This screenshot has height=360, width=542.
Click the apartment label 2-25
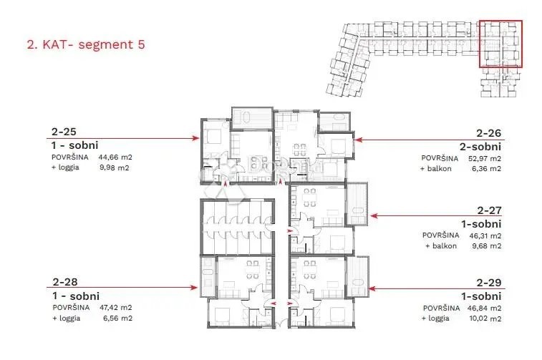[x=64, y=132]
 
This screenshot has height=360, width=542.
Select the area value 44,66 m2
[x=115, y=157]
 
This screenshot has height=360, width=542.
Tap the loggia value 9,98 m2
[x=115, y=168]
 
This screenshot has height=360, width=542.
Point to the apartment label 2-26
[x=488, y=133]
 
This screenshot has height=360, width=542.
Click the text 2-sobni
[x=480, y=147]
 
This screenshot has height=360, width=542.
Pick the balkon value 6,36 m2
[x=486, y=169]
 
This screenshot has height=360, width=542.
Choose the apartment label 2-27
[x=489, y=210]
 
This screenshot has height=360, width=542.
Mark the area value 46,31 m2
[x=485, y=236]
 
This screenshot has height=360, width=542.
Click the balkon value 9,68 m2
[x=486, y=246]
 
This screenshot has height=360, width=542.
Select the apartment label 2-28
[x=65, y=282]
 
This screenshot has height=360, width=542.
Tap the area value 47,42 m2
[x=116, y=308]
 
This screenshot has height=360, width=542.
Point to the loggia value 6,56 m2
[x=117, y=318]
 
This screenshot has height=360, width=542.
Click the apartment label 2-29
[x=489, y=283]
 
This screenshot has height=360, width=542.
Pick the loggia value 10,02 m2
[x=485, y=318]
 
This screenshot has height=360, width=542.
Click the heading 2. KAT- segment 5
[x=86, y=44]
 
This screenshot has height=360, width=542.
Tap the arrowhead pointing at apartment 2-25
[x=196, y=138]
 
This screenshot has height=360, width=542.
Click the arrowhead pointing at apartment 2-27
[x=374, y=216]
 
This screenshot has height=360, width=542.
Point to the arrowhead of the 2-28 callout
[x=194, y=288]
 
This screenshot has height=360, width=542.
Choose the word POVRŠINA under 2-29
[x=441, y=308]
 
